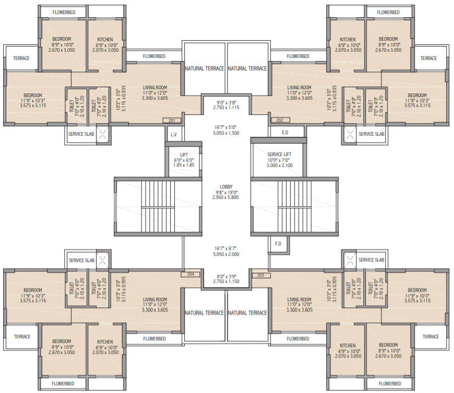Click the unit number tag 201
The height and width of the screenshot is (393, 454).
click(x=171, y=121)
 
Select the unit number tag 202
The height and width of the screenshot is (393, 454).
click(x=280, y=121)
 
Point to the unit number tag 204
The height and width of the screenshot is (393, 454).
click(x=190, y=274)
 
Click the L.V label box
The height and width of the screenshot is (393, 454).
click(x=174, y=134)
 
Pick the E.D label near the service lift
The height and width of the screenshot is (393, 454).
click(x=284, y=133)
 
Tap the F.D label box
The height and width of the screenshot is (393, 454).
click(x=278, y=244)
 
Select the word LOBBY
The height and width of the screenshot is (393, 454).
click(x=226, y=187)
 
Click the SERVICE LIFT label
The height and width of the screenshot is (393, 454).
click(x=280, y=154)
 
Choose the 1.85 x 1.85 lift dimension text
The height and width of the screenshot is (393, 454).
click(x=184, y=165)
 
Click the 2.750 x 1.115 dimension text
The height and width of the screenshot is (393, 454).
click(x=226, y=107)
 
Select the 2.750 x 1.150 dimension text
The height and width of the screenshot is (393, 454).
click(x=226, y=281)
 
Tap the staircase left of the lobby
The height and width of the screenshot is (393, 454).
click(x=157, y=206)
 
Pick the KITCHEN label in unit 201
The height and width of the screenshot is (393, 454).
click(x=105, y=40)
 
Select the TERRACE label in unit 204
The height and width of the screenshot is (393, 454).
click(x=22, y=337)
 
